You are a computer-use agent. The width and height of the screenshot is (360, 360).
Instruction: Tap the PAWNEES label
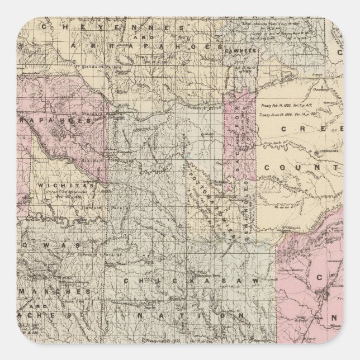pos(241,50)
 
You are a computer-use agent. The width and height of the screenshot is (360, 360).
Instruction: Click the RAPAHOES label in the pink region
pos(47,120)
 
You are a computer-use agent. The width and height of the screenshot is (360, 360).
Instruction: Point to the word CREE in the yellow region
pos(302,129)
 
